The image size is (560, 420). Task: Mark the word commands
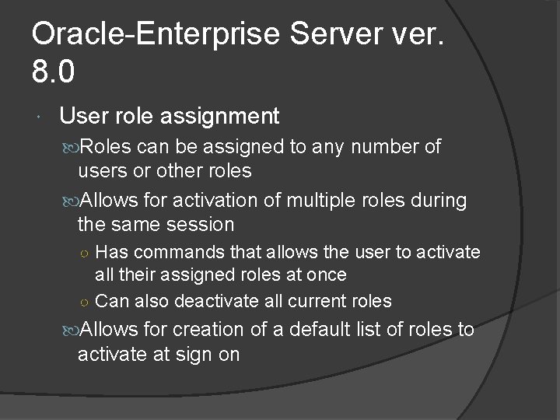pyautogui.click(x=177, y=253)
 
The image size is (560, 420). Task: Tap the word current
pyautogui.click(x=319, y=301)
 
